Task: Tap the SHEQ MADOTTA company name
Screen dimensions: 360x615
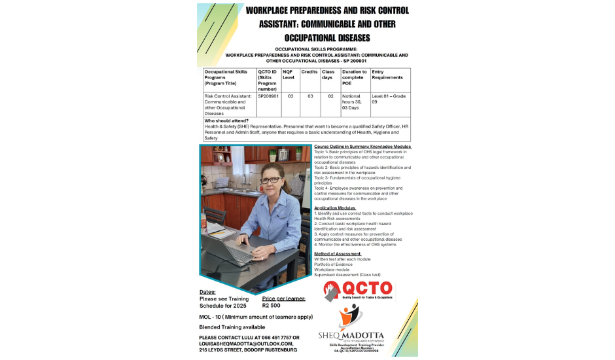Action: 351,336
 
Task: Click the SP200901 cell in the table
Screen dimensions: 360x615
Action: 268,96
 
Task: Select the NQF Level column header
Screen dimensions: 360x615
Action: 289,74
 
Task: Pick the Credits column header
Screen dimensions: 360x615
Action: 309,71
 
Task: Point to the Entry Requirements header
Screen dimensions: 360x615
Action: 387,74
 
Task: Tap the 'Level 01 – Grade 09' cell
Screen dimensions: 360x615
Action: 389,99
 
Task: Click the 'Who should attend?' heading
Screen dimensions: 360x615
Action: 226,120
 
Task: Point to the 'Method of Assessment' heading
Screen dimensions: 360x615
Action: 338,253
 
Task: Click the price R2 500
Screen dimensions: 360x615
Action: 272,305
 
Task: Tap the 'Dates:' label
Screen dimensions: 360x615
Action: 207,292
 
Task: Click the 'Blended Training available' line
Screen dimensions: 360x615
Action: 232,327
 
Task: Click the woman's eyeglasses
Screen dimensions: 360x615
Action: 270,180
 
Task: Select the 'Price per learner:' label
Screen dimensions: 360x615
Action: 284,298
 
